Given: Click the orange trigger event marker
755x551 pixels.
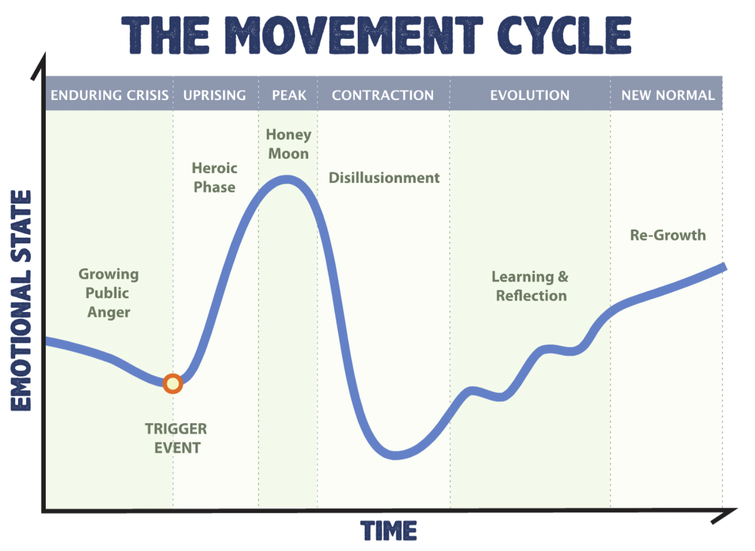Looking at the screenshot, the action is click(x=173, y=384).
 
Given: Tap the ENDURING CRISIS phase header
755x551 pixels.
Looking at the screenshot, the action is click(x=110, y=95).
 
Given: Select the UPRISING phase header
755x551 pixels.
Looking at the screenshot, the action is click(x=215, y=95).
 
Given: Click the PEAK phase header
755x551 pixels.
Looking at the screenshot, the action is click(x=289, y=95).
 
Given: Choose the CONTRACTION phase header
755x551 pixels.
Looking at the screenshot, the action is click(x=383, y=95).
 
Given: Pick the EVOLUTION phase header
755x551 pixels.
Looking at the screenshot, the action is click(x=530, y=95).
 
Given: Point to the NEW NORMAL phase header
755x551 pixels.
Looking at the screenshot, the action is click(x=668, y=95).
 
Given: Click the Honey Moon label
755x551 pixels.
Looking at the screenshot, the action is click(x=289, y=144).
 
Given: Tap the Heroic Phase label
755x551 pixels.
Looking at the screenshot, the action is click(x=215, y=178).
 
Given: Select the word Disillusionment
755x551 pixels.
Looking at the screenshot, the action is click(x=384, y=178).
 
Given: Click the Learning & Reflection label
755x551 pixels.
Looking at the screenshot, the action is click(x=530, y=286).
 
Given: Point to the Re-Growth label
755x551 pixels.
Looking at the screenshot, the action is click(x=668, y=235).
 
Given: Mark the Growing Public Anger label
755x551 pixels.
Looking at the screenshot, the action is click(x=109, y=293).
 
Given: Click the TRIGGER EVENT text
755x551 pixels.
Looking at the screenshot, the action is click(x=176, y=438).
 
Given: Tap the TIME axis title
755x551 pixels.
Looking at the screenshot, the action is click(x=389, y=531).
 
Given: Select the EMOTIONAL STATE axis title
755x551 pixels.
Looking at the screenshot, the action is click(x=21, y=301).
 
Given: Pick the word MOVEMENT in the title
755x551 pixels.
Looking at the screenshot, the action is click(x=354, y=35).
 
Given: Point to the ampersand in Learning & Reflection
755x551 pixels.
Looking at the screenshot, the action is click(x=563, y=276).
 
